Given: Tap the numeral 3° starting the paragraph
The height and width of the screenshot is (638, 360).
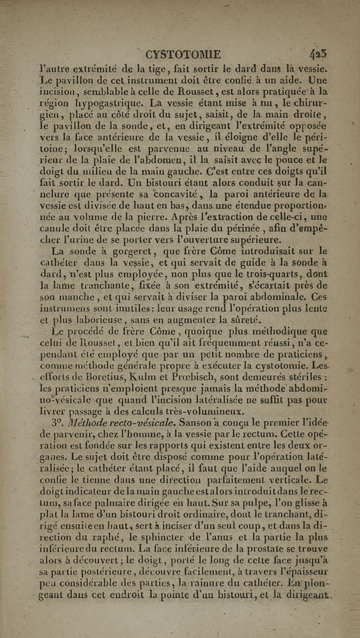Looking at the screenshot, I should click(58, 421).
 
